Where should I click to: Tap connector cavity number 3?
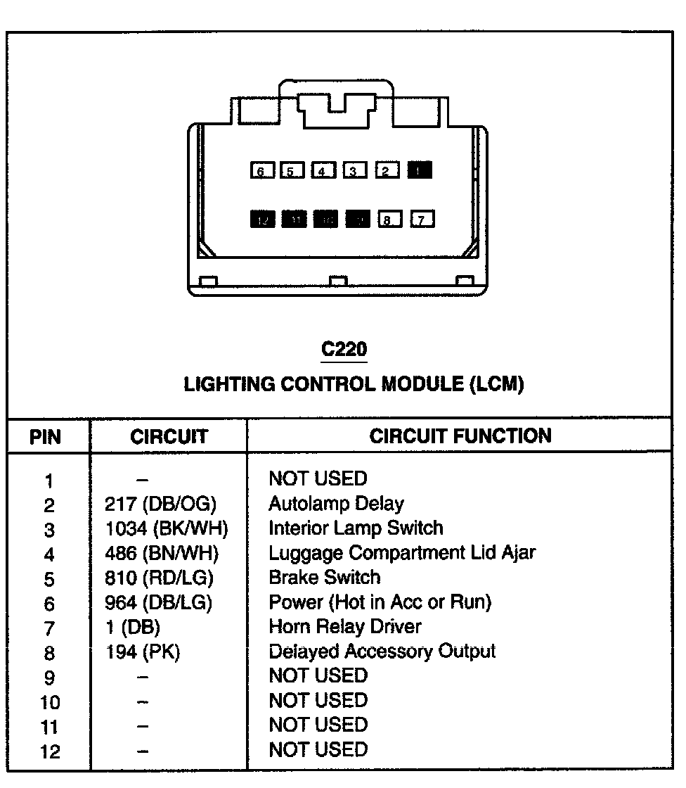point(354,171)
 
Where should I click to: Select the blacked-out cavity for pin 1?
point(420,170)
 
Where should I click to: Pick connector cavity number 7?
point(422,220)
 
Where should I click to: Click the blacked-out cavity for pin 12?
point(263,220)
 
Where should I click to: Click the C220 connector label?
point(344,350)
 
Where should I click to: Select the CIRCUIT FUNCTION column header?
point(460,436)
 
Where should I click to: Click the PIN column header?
point(46,438)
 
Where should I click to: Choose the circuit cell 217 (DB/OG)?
point(161,504)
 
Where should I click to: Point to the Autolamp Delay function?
point(336,504)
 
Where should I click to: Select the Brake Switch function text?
point(324,578)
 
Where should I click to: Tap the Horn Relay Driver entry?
point(345,627)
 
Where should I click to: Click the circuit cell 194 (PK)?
point(143,652)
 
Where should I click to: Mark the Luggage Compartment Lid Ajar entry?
point(401,553)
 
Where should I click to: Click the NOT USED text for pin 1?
point(318,479)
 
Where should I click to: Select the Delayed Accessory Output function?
point(382,652)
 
